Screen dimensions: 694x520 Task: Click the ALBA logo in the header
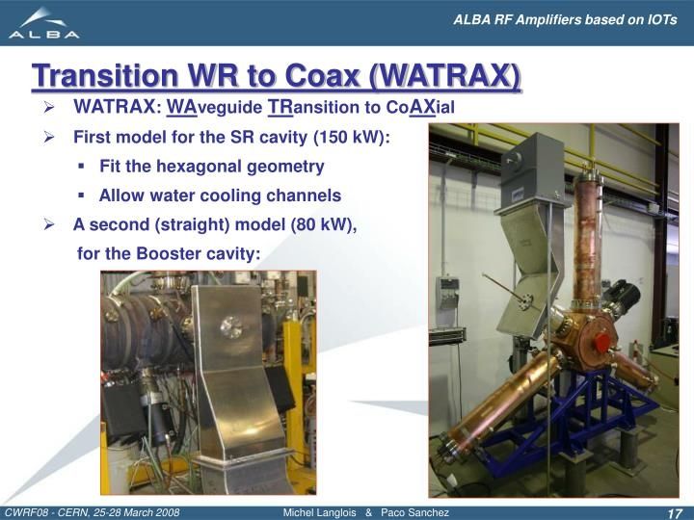[x=44, y=23]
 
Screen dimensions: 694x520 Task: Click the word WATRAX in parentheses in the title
[x=444, y=76]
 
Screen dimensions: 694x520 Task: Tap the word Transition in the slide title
[x=104, y=76]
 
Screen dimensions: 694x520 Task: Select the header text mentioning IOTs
[x=565, y=20]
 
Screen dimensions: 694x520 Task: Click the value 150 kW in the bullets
[x=349, y=137]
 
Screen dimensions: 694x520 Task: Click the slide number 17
[x=674, y=513]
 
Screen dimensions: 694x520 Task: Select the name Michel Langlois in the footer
[x=319, y=512]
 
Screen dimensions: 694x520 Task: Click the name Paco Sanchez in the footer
[x=414, y=512]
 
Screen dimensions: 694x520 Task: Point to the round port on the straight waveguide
[x=231, y=327]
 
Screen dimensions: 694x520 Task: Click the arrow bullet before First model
[x=49, y=138]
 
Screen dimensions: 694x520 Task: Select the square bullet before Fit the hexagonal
[x=81, y=167]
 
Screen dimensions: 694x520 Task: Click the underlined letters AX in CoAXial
[x=422, y=108]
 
